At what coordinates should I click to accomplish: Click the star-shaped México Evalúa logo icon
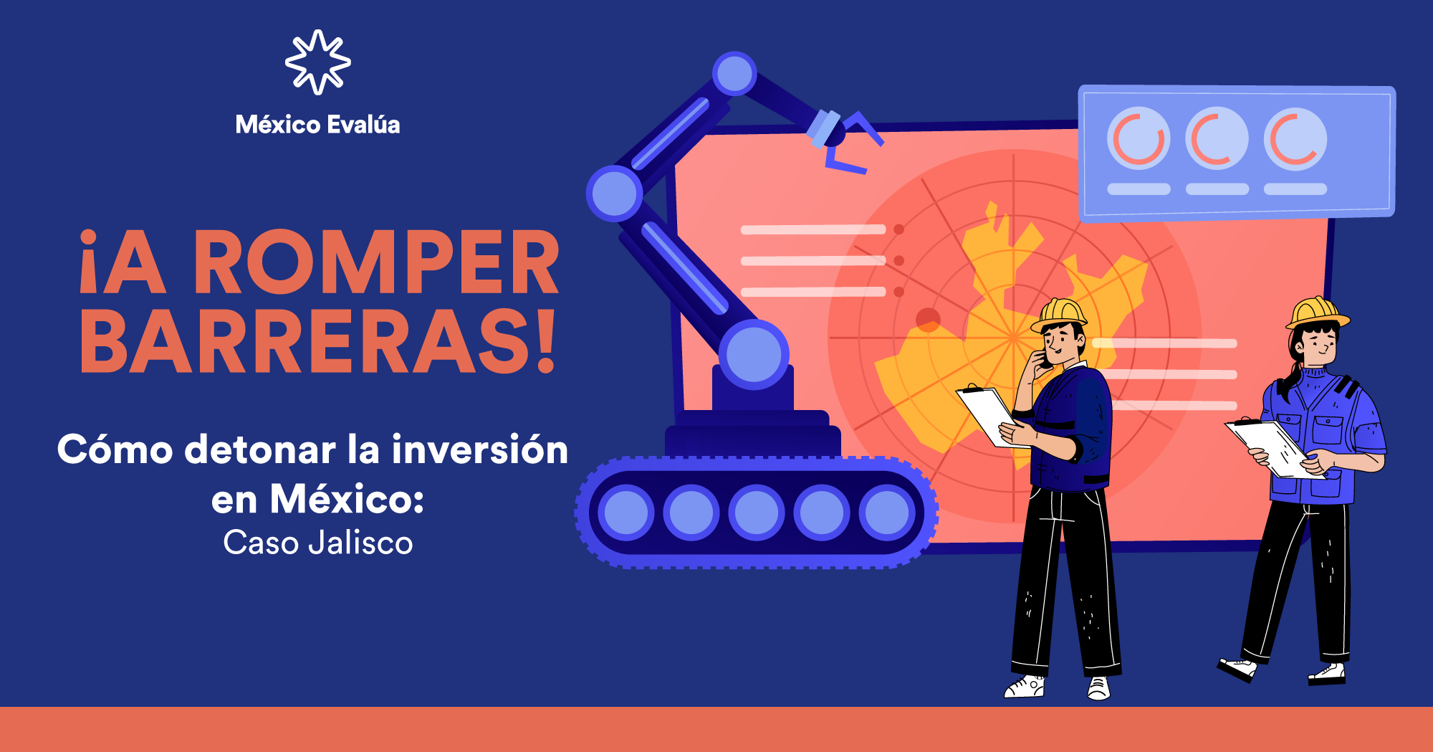pos(318,62)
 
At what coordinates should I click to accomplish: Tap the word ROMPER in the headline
pos(377,262)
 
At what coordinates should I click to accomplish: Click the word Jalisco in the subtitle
pos(360,543)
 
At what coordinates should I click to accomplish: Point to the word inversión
pos(480,449)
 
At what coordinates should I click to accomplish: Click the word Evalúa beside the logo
pos(364,124)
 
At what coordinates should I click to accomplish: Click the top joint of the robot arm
pos(734,74)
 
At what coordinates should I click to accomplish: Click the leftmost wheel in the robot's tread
pos(626,513)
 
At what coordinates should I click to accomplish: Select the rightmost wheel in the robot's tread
pos(887,513)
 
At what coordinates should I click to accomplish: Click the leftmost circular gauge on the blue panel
pos(1139,138)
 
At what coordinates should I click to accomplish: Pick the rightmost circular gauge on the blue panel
pos(1295,138)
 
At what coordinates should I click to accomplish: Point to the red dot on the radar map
pos(928,320)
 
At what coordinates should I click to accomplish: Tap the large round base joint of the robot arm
pos(754,355)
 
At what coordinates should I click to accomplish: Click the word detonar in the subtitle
pos(261,449)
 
